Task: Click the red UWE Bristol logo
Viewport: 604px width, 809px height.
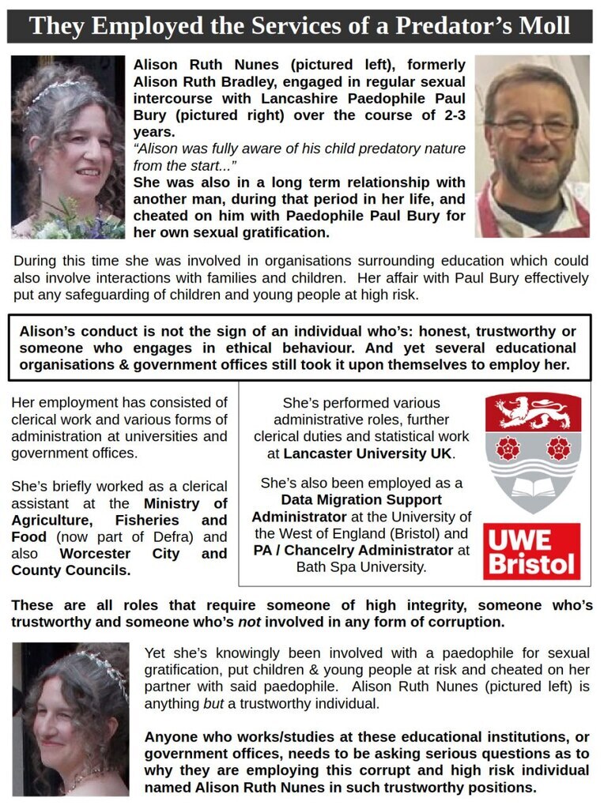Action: [532, 551]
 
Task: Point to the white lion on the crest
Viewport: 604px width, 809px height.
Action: [532, 411]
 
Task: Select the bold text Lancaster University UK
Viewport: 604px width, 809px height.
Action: [368, 453]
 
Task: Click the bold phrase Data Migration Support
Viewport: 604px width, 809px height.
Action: [361, 499]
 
